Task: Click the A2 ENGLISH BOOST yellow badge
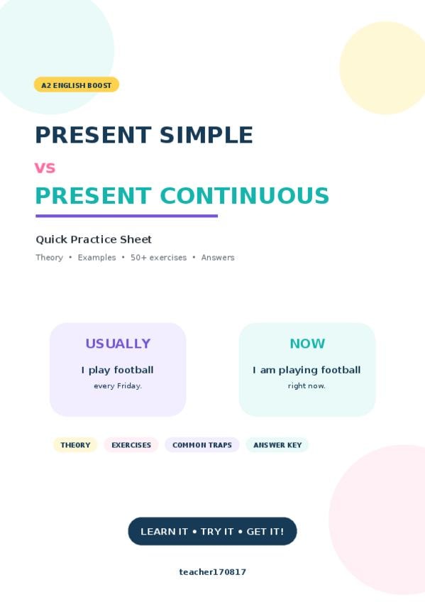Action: tap(77, 85)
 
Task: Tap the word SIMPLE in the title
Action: tap(206, 135)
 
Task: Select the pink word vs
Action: tap(45, 168)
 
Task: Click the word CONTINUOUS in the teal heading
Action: tap(244, 195)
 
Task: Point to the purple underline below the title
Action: tap(126, 216)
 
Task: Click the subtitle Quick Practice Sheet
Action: tap(94, 239)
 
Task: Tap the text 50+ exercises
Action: tap(158, 258)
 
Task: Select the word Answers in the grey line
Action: tap(218, 258)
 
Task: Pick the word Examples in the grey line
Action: tap(96, 258)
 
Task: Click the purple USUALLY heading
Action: tap(118, 344)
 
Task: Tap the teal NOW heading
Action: tap(307, 344)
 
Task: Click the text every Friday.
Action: tap(118, 386)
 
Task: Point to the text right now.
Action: tap(307, 386)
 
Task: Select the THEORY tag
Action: tap(75, 445)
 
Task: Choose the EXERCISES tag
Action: tap(131, 445)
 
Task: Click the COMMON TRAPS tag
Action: tap(202, 445)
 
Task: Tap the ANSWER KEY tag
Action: tap(277, 445)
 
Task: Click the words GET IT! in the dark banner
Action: tap(265, 532)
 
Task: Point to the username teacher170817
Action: tap(213, 572)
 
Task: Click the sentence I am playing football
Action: tap(307, 370)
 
